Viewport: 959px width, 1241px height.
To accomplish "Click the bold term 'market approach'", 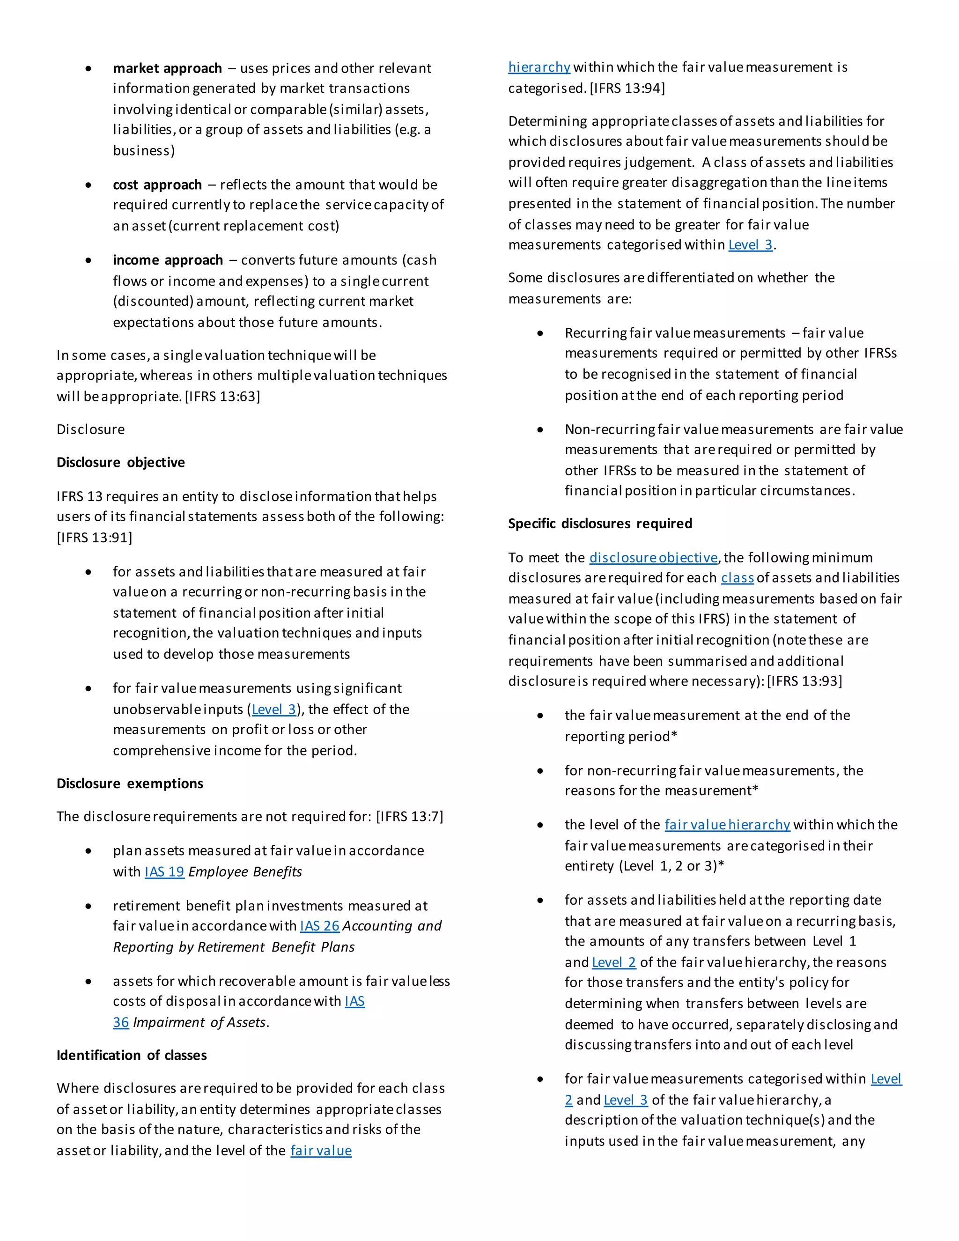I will tap(167, 68).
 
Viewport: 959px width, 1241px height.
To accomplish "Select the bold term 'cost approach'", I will tap(157, 185).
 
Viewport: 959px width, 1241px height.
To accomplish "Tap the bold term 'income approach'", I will tap(168, 260).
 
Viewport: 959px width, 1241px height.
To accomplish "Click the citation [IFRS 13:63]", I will tap(223, 396).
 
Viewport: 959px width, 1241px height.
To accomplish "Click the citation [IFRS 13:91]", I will tap(94, 537).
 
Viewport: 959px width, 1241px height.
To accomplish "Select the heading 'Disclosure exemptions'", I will tap(130, 783).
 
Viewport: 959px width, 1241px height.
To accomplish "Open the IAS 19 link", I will tap(164, 871).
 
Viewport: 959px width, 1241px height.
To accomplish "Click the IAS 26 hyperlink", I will tap(319, 926).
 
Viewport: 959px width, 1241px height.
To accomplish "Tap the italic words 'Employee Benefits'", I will tap(245, 871).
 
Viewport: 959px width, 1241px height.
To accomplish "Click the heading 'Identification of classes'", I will tap(131, 1055).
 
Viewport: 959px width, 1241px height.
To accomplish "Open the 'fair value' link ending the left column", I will tap(321, 1150).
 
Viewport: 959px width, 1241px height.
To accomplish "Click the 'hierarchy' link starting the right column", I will tap(539, 67).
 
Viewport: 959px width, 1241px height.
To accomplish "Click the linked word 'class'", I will tap(737, 577).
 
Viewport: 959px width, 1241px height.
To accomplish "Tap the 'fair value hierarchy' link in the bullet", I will tap(727, 825).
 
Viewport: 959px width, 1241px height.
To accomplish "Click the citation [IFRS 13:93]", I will tap(804, 681).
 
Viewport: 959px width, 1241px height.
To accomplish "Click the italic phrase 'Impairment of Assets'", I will tap(199, 1022).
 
